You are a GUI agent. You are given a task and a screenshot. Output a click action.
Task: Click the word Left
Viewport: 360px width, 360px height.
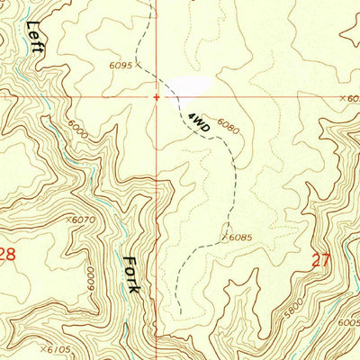point(34,38)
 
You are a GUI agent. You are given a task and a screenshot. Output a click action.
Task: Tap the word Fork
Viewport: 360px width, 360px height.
point(131,274)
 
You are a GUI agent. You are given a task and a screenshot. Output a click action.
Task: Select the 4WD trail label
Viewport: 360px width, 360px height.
point(199,123)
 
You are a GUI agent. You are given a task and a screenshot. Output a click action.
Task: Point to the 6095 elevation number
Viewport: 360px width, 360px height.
point(121,66)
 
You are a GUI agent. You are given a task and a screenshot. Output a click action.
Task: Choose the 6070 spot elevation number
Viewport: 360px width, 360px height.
point(84,219)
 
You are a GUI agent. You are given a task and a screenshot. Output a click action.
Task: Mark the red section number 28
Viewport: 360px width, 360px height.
point(6,256)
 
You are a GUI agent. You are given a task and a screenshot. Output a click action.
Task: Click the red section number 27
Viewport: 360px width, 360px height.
point(321,260)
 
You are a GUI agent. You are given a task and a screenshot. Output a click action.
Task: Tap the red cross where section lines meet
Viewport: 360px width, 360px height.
point(157,96)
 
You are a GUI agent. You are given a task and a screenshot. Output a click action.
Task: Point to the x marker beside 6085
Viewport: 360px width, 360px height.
point(221,238)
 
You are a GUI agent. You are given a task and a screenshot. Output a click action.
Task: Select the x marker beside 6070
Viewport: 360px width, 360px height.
point(68,219)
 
